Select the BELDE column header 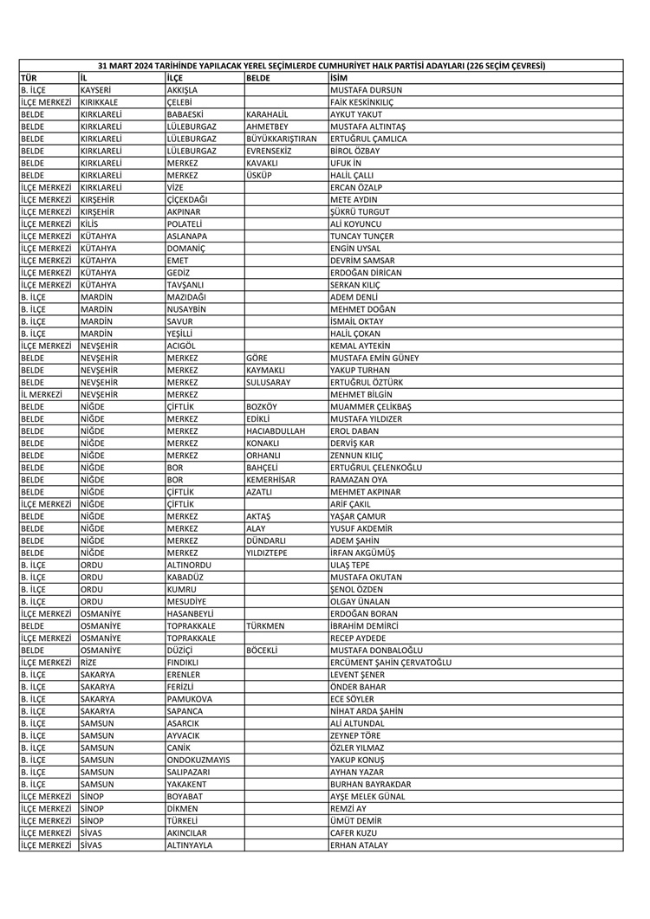[x=258, y=78]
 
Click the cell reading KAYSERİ [x=96, y=90]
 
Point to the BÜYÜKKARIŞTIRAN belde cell [x=282, y=139]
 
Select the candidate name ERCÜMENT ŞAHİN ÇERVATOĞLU [x=390, y=663]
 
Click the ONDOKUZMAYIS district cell [x=198, y=760]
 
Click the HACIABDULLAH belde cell [x=276, y=430]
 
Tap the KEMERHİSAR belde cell [x=271, y=479]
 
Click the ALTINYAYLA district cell [x=189, y=845]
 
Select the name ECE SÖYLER [x=352, y=699]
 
